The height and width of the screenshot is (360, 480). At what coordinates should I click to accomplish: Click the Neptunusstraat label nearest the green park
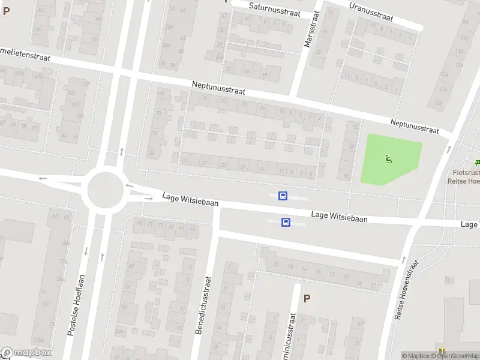coord(414,126)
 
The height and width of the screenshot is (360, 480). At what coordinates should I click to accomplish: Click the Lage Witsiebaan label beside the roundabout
coord(190,200)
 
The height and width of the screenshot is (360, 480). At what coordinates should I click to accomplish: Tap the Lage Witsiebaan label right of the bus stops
coord(339,217)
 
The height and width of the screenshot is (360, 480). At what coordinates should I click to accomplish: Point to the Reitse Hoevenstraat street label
coord(406,288)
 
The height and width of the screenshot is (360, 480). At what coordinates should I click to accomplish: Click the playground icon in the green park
coord(388,159)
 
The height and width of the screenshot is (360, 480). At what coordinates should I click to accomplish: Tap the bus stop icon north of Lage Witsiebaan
coord(283,196)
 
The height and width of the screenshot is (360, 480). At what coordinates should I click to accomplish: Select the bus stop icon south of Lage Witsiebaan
coord(286,222)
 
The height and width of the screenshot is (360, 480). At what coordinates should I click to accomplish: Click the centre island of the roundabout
coord(104,190)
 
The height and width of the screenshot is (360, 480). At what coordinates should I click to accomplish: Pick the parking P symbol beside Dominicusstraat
coord(307,298)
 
